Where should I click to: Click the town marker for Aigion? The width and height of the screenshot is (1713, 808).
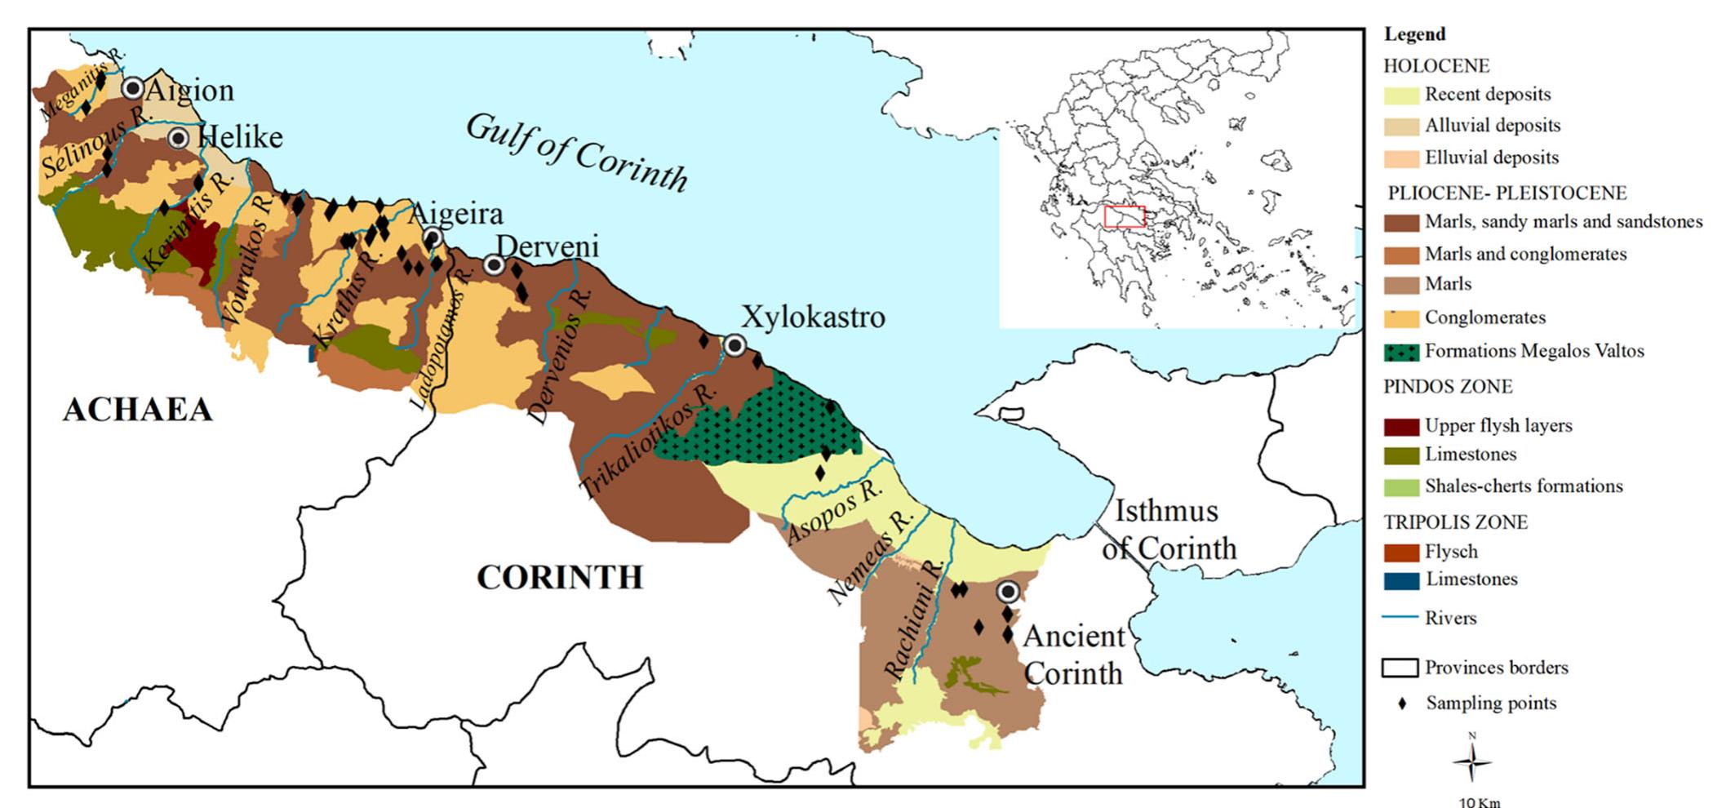pyautogui.click(x=132, y=88)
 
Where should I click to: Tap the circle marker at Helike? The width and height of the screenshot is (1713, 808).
pyautogui.click(x=179, y=138)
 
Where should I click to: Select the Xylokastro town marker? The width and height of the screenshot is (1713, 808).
pyautogui.click(x=734, y=346)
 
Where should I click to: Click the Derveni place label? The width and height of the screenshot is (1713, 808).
pyautogui.click(x=547, y=246)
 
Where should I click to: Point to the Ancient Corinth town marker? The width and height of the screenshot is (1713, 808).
pyautogui.click(x=1009, y=591)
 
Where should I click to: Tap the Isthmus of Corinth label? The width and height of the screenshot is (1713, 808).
pyautogui.click(x=1169, y=530)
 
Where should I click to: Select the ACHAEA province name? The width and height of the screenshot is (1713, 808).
pyautogui.click(x=137, y=410)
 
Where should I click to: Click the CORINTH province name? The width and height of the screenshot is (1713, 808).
pyautogui.click(x=560, y=577)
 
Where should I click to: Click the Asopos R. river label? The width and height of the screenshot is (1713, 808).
pyautogui.click(x=834, y=513)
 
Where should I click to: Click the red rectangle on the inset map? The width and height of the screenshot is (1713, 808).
pyautogui.click(x=1124, y=216)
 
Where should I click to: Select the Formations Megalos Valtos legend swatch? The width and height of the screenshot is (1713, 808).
pyautogui.click(x=1401, y=352)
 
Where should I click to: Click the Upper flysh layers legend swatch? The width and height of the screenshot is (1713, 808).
pyautogui.click(x=1401, y=426)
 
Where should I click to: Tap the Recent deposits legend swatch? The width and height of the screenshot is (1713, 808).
pyautogui.click(x=1401, y=95)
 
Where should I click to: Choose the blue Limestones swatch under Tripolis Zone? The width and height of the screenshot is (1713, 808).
pyautogui.click(x=1401, y=580)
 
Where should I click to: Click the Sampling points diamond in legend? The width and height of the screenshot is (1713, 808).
pyautogui.click(x=1403, y=704)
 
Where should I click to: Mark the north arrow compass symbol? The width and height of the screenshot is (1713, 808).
pyautogui.click(x=1472, y=761)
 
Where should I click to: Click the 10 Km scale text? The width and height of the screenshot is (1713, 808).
pyautogui.click(x=1479, y=801)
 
